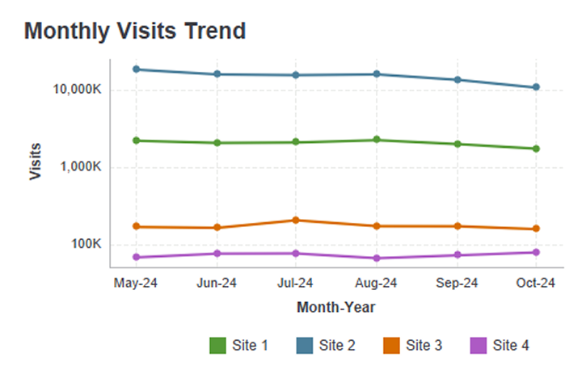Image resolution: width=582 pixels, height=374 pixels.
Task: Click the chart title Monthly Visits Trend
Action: tap(135, 32)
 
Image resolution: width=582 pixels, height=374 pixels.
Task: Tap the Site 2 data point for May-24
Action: tap(137, 69)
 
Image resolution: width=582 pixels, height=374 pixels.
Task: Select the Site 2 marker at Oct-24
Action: tap(536, 87)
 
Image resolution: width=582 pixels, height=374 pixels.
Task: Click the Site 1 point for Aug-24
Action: tap(377, 140)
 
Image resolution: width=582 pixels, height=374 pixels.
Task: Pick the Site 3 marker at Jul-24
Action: tap(297, 220)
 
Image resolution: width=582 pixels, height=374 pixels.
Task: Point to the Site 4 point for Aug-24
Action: tap(377, 258)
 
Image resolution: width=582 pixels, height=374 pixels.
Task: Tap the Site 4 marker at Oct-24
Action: tap(536, 252)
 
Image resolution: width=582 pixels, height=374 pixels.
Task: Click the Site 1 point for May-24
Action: tap(137, 141)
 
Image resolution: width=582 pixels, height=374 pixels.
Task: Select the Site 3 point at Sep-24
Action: tap(457, 226)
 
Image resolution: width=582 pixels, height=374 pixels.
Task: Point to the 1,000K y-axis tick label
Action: tap(78, 168)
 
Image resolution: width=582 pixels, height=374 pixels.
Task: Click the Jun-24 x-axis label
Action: tap(217, 283)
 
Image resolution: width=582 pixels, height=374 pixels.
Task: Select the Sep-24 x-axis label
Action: tap(457, 283)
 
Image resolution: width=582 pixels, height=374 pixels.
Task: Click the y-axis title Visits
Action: tap(36, 162)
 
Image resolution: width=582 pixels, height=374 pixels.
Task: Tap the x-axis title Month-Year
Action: tap(335, 308)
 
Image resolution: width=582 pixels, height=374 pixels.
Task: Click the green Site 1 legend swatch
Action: tap(217, 346)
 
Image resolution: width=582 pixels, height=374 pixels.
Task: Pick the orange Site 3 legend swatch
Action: tap(390, 346)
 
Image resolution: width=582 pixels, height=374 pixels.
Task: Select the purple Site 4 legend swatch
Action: tap(478, 346)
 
